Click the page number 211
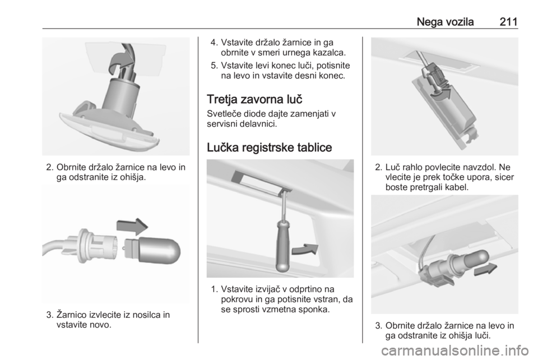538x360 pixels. (508, 22)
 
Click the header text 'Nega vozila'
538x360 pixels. (445, 22)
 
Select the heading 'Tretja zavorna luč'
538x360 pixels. (254, 99)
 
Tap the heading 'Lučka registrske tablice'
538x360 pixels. (270, 147)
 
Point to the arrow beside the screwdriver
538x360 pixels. (305, 249)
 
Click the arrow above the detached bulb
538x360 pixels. (132, 226)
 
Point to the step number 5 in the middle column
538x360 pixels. (214, 66)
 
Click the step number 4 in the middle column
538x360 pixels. (214, 43)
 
